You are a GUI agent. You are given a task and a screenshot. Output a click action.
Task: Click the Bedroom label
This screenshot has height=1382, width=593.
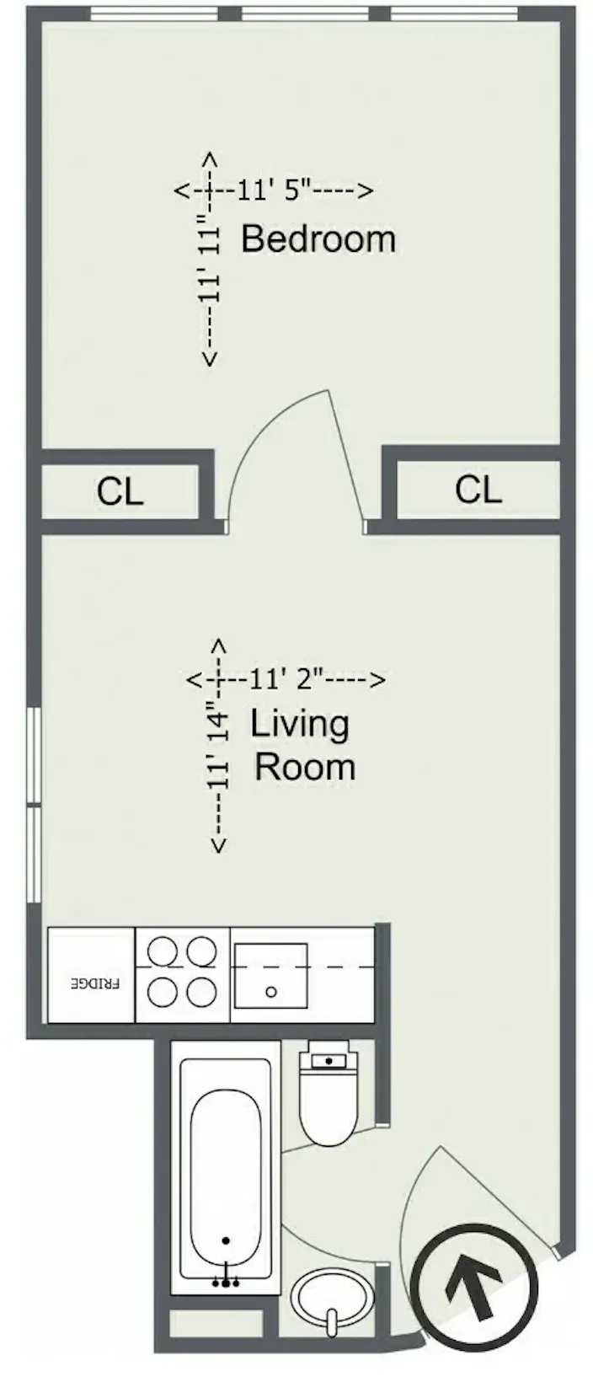(318, 239)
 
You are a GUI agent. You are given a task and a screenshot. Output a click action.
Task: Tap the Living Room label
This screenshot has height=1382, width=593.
(302, 746)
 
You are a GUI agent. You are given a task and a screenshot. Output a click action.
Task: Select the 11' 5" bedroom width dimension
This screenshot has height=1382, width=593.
(274, 190)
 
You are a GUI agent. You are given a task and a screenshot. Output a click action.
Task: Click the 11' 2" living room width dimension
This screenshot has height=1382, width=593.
(286, 678)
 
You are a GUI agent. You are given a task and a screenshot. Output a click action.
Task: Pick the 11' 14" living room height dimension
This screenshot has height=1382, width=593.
(219, 747)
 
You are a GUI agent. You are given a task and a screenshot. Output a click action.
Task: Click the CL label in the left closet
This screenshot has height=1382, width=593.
(120, 492)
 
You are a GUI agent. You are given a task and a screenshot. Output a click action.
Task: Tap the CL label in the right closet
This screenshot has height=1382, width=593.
(478, 490)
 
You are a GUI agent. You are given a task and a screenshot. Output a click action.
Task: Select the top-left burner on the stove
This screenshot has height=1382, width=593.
(162, 952)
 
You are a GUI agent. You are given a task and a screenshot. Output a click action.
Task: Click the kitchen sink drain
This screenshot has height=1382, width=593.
(270, 992)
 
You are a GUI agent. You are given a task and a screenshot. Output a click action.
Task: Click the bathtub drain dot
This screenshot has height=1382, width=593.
(226, 1240)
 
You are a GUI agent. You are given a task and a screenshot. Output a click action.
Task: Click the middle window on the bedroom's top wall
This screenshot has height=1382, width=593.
(304, 13)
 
